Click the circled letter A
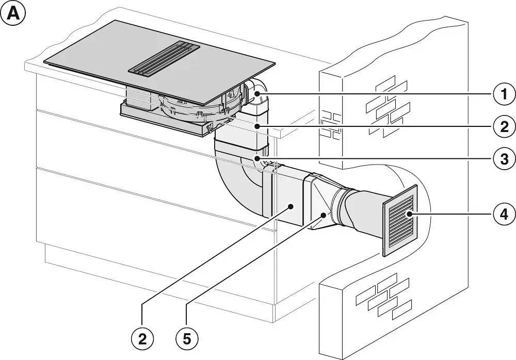coord(14,14)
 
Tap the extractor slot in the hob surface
coord(164,58)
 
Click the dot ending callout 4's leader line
coord(410,213)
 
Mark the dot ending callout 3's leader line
coord(256,159)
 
